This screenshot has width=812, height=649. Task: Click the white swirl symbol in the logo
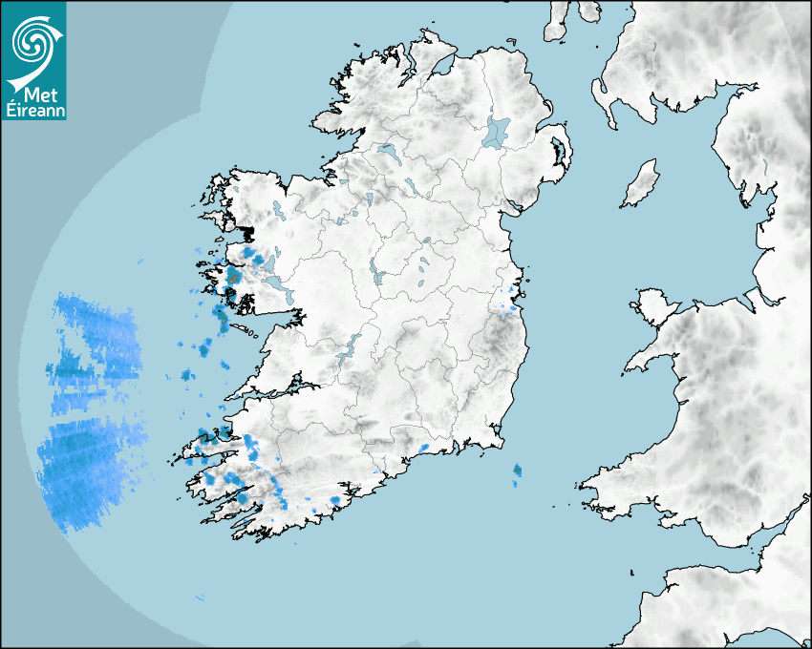(34, 43)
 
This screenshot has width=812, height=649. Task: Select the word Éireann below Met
(33, 111)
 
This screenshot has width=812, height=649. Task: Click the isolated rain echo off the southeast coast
(517, 470)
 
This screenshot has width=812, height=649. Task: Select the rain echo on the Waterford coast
(423, 448)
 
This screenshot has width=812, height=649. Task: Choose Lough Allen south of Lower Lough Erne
(367, 201)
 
